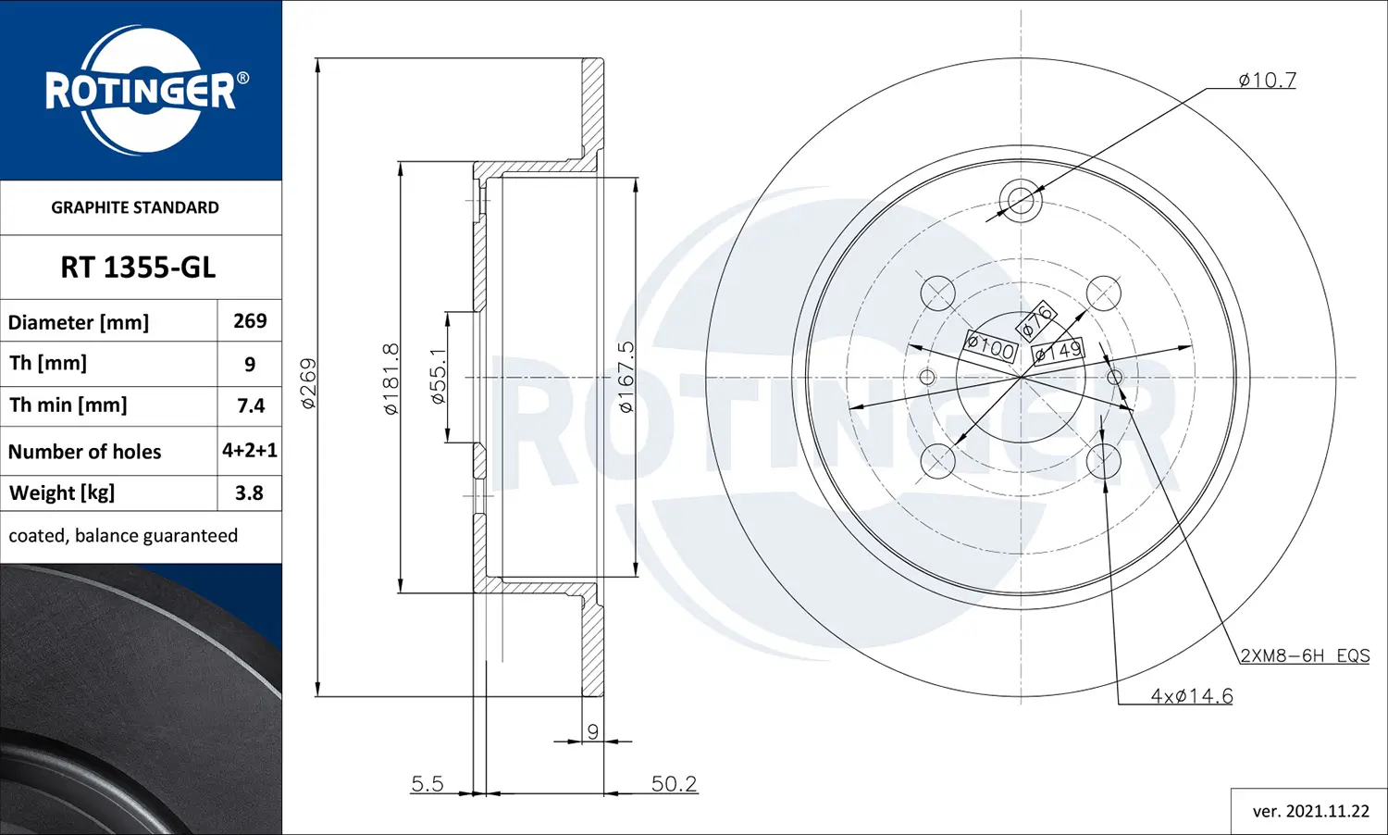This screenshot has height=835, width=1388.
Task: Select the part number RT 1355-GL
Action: coord(138,268)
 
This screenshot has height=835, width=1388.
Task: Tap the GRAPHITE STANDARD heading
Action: coord(135,207)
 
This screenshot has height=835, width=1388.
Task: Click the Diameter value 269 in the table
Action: coord(250,321)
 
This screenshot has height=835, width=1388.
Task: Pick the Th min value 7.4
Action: coord(250,405)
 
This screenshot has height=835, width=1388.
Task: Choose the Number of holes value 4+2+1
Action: coord(250,451)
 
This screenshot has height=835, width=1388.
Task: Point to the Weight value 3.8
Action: coord(249,493)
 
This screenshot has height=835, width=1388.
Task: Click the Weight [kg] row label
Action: coord(62,493)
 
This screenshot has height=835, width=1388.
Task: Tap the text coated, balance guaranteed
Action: coord(123,536)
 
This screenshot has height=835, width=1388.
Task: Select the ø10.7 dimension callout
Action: coord(1267,81)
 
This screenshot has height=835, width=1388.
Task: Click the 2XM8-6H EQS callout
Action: coord(1304,655)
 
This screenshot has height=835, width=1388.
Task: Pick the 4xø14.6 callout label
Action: coord(1191,696)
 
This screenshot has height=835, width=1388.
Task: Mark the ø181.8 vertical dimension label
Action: coord(391,378)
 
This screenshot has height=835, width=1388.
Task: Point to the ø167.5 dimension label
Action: coord(626,376)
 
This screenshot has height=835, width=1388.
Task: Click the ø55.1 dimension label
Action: coord(439,376)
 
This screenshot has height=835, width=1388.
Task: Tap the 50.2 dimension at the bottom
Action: coord(674,784)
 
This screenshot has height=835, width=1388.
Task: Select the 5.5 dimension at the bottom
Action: coord(427,784)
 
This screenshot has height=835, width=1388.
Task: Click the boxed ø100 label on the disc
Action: coord(991,347)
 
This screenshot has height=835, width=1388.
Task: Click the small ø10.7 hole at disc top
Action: coord(1021,199)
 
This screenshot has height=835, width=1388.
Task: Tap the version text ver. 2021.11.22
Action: coord(1310,811)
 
